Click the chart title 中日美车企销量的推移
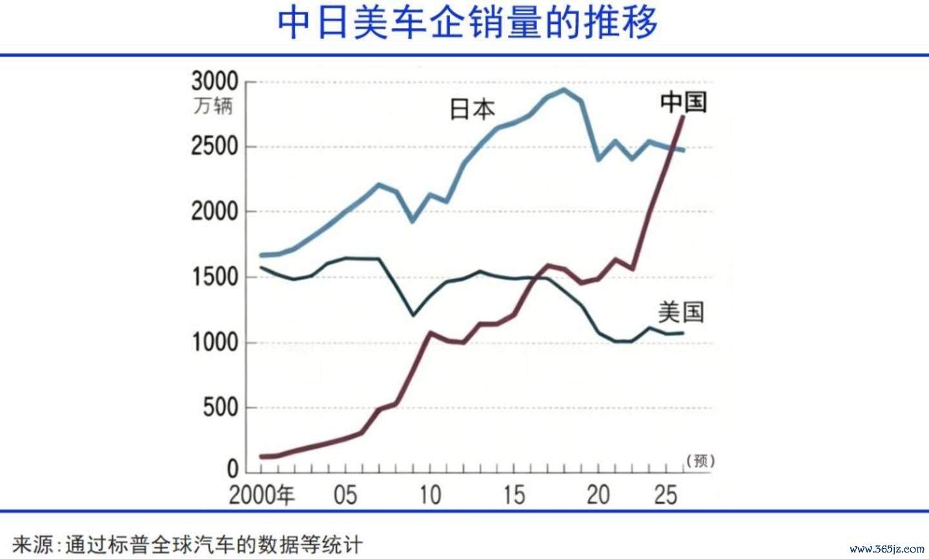pos(467,23)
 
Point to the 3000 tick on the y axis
pos(214,82)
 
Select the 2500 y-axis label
pos(214,147)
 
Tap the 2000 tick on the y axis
pos(214,212)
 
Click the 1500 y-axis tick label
pos(214,277)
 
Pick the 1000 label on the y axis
pos(214,342)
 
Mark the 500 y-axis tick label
pos(220,407)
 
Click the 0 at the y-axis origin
pos(232,469)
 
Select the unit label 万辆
pos(213,105)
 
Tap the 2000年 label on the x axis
pos(261,495)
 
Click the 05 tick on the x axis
pos(345,495)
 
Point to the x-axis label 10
pos(429,495)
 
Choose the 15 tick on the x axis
pos(514,495)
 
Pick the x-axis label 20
pos(598,495)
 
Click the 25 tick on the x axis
pos(665,495)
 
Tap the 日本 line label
pos(472,109)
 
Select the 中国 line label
pos(684,102)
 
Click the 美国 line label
pos(680,312)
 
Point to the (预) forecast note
pos(700,460)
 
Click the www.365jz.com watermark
pos(886,549)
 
